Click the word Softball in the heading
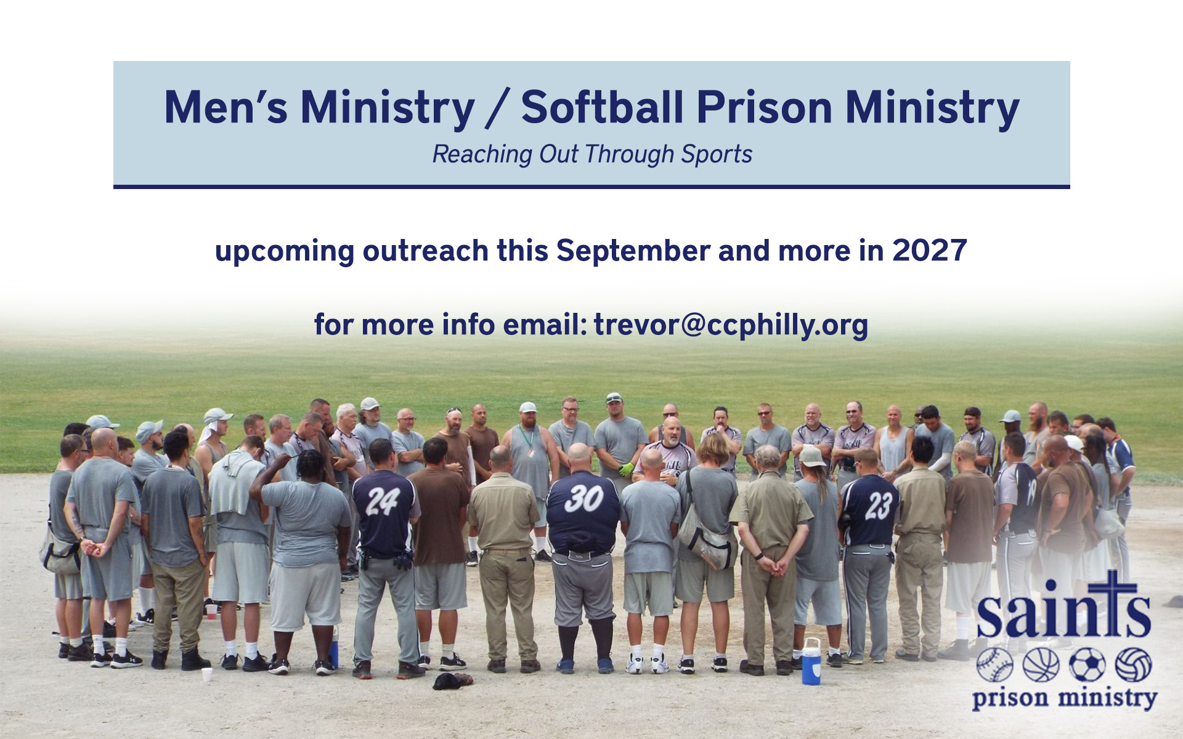pyautogui.click(x=602, y=108)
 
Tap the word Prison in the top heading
pyautogui.click(x=765, y=108)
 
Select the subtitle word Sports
pyautogui.click(x=717, y=154)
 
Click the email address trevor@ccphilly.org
pyautogui.click(x=731, y=325)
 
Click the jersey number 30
pyautogui.click(x=583, y=498)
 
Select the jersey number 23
pyautogui.click(x=878, y=506)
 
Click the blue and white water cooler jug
pyautogui.click(x=811, y=661)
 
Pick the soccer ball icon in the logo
pyautogui.click(x=1087, y=665)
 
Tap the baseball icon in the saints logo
pyautogui.click(x=994, y=665)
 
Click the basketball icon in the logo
pyautogui.click(x=1041, y=665)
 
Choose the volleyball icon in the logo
pyautogui.click(x=1133, y=665)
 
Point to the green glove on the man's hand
pyautogui.click(x=626, y=470)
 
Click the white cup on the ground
pyautogui.click(x=207, y=674)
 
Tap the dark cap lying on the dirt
pyautogui.click(x=452, y=680)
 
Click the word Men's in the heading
pyautogui.click(x=226, y=108)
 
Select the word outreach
pyautogui.click(x=425, y=251)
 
